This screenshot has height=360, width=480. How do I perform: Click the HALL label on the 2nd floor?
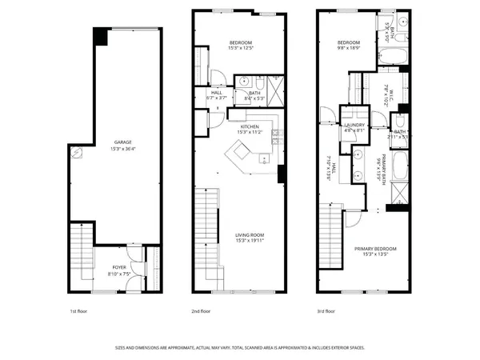217,93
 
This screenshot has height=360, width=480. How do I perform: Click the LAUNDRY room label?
354,126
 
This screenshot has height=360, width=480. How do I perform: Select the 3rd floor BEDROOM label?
348,42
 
